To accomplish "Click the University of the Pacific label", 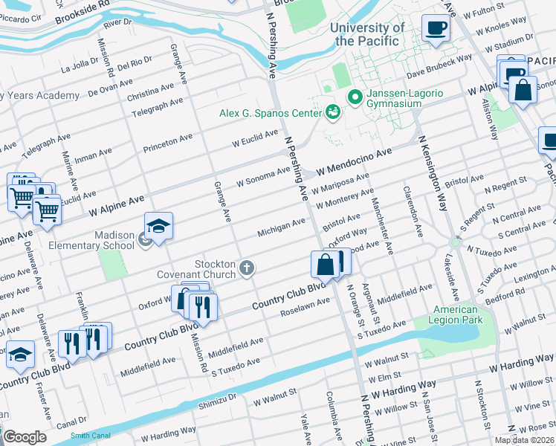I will click(x=367, y=34).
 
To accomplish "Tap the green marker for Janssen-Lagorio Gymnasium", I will click(x=355, y=97).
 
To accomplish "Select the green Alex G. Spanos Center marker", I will click(x=333, y=112).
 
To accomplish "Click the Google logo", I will click(x=25, y=437).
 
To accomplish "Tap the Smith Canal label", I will click(x=89, y=436).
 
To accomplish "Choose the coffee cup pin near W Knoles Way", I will click(x=436, y=28).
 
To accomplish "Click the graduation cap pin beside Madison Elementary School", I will click(x=158, y=225).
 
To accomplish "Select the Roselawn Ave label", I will click(x=304, y=308).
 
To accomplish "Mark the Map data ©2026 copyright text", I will click(x=524, y=439).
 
